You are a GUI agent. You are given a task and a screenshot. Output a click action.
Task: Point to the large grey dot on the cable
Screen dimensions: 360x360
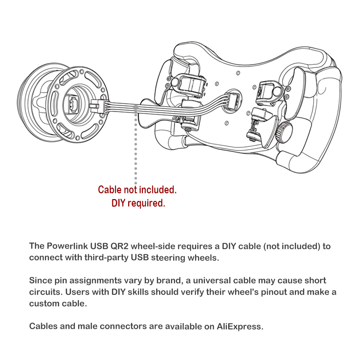(135, 107)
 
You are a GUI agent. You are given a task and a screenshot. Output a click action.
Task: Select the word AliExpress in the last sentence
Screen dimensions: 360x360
(240, 327)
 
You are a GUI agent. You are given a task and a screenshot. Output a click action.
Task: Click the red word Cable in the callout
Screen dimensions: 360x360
(110, 189)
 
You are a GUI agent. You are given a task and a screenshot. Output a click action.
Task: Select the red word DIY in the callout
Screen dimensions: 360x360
(118, 203)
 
